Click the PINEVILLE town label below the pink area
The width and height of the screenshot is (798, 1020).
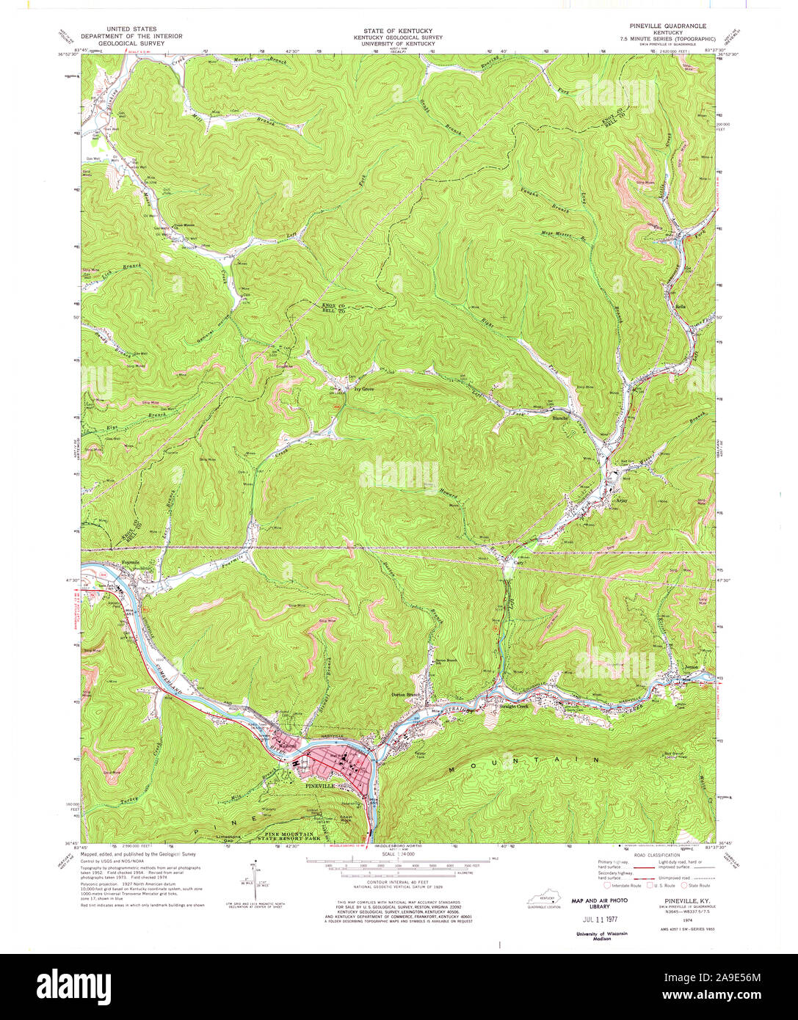point(321,785)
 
